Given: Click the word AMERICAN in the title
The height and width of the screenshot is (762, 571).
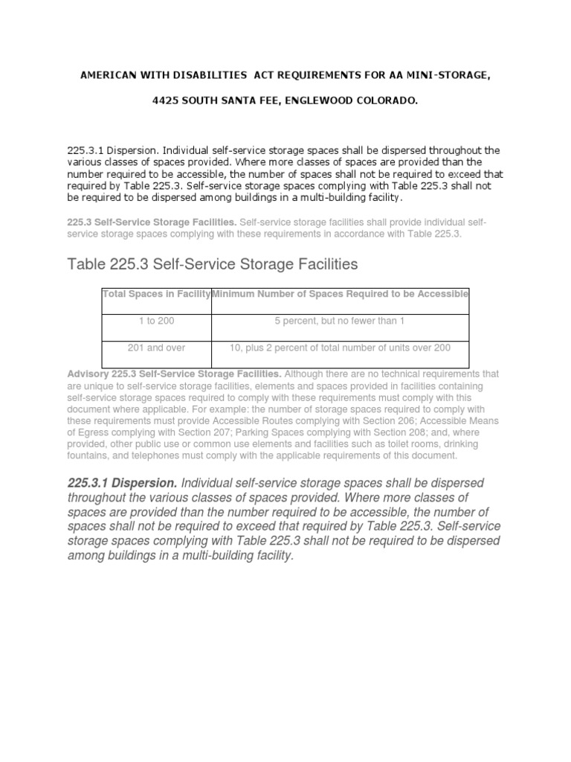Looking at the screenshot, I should coord(106,75).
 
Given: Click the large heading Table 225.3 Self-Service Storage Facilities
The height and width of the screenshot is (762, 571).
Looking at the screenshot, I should coord(213,263).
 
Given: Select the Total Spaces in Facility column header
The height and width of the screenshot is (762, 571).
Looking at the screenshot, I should coord(156,294).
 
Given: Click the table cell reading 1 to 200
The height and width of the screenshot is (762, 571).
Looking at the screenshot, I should coord(156,321).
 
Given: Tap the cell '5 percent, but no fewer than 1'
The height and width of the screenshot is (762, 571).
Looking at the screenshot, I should coord(341,321).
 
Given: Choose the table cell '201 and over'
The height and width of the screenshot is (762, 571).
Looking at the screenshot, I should coord(156,348).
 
